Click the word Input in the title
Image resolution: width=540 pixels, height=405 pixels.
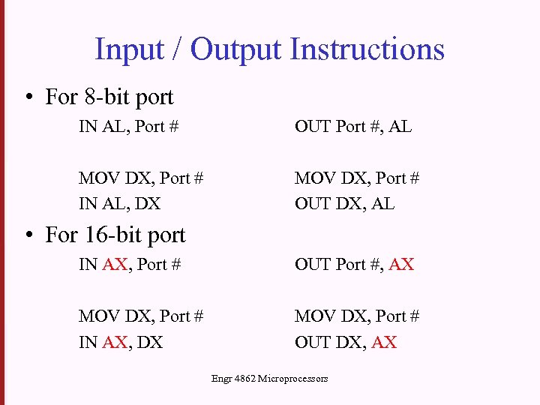pos(130,49)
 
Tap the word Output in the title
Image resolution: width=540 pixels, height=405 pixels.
pos(235,49)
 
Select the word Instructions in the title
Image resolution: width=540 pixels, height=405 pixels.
pos(367,49)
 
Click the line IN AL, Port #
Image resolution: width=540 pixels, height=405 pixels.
pos(128,127)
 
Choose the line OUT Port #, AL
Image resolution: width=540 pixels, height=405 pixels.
pos(353,127)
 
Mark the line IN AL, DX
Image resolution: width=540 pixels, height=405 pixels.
pos(119,203)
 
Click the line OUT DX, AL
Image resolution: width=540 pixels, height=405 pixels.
pos(344,203)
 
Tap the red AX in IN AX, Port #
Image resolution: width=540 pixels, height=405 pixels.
pos(115,264)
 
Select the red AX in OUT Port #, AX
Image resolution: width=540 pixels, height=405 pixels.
pos(401,264)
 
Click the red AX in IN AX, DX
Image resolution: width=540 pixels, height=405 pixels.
pos(115,342)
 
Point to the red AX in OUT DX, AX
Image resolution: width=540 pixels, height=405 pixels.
pos(384,342)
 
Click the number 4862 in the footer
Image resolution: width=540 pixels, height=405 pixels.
pos(244,379)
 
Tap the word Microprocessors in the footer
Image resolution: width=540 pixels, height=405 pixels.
pos(292,379)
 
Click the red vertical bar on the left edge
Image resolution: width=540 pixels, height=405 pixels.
pos(2,202)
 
